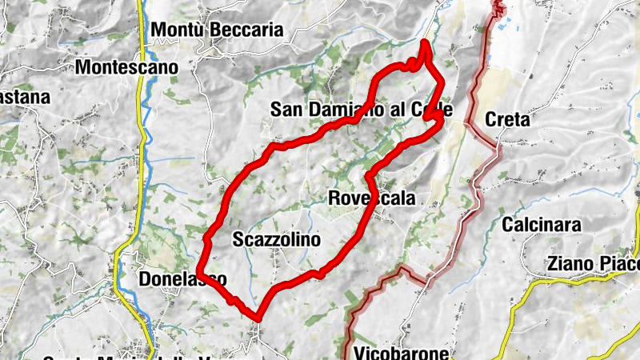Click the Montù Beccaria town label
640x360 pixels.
click(x=218, y=30)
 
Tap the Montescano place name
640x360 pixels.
click(x=126, y=68)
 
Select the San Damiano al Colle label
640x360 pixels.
click(x=362, y=110)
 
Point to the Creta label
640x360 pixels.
click(x=507, y=121)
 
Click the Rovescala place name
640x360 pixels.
click(x=372, y=198)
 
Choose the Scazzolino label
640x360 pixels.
click(x=276, y=238)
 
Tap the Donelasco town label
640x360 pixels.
click(x=183, y=279)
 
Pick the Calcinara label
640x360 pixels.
click(x=542, y=225)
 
